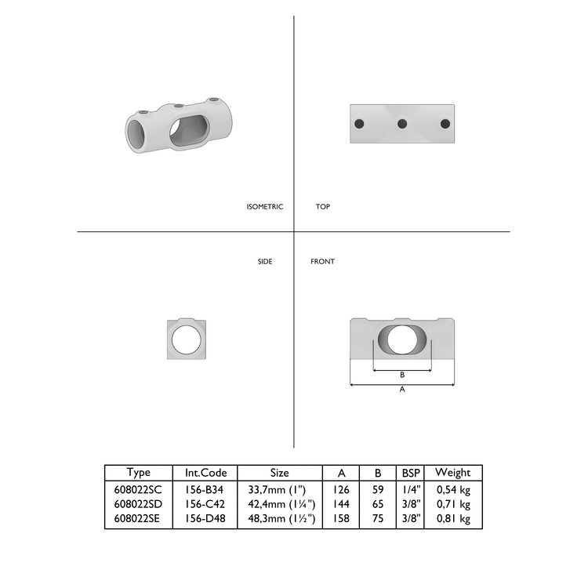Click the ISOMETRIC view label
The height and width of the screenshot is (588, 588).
pyautogui.click(x=264, y=207)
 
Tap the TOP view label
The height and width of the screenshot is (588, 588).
pyautogui.click(x=322, y=207)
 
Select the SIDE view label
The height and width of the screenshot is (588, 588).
pyautogui.click(x=265, y=261)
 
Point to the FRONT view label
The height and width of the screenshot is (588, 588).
pyautogui.click(x=322, y=261)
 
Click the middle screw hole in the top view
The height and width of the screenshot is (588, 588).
pyautogui.click(x=402, y=124)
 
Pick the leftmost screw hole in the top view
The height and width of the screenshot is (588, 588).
pyautogui.click(x=358, y=124)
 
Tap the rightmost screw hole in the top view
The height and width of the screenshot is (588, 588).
pyautogui.click(x=446, y=124)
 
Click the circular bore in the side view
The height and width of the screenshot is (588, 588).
pyautogui.click(x=187, y=339)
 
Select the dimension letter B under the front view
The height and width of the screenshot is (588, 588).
pyautogui.click(x=402, y=375)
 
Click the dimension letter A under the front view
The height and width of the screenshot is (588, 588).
pyautogui.click(x=402, y=390)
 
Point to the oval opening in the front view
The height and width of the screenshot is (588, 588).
pyautogui.click(x=403, y=339)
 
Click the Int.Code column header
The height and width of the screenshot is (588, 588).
pyautogui.click(x=205, y=473)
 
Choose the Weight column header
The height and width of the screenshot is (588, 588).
pyautogui.click(x=452, y=473)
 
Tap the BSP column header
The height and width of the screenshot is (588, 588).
pyautogui.click(x=410, y=473)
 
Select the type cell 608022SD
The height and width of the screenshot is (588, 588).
pyautogui.click(x=138, y=504)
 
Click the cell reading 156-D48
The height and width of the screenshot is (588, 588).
pyautogui.click(x=205, y=519)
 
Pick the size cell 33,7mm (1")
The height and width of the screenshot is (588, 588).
pyautogui.click(x=279, y=489)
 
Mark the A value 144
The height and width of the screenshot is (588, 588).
pyautogui.click(x=341, y=504)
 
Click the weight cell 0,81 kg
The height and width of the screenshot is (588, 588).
pyautogui.click(x=452, y=519)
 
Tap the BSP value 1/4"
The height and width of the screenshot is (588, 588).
pyautogui.click(x=410, y=489)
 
